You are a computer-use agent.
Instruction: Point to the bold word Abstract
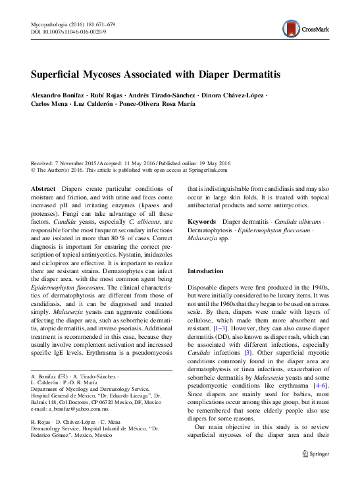(x=43, y=189)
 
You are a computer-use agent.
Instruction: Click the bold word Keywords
(x=203, y=223)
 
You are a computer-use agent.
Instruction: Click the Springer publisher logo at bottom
(x=315, y=472)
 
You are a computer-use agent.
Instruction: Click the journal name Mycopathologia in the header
(x=53, y=23)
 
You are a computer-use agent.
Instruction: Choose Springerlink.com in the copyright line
(x=205, y=169)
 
